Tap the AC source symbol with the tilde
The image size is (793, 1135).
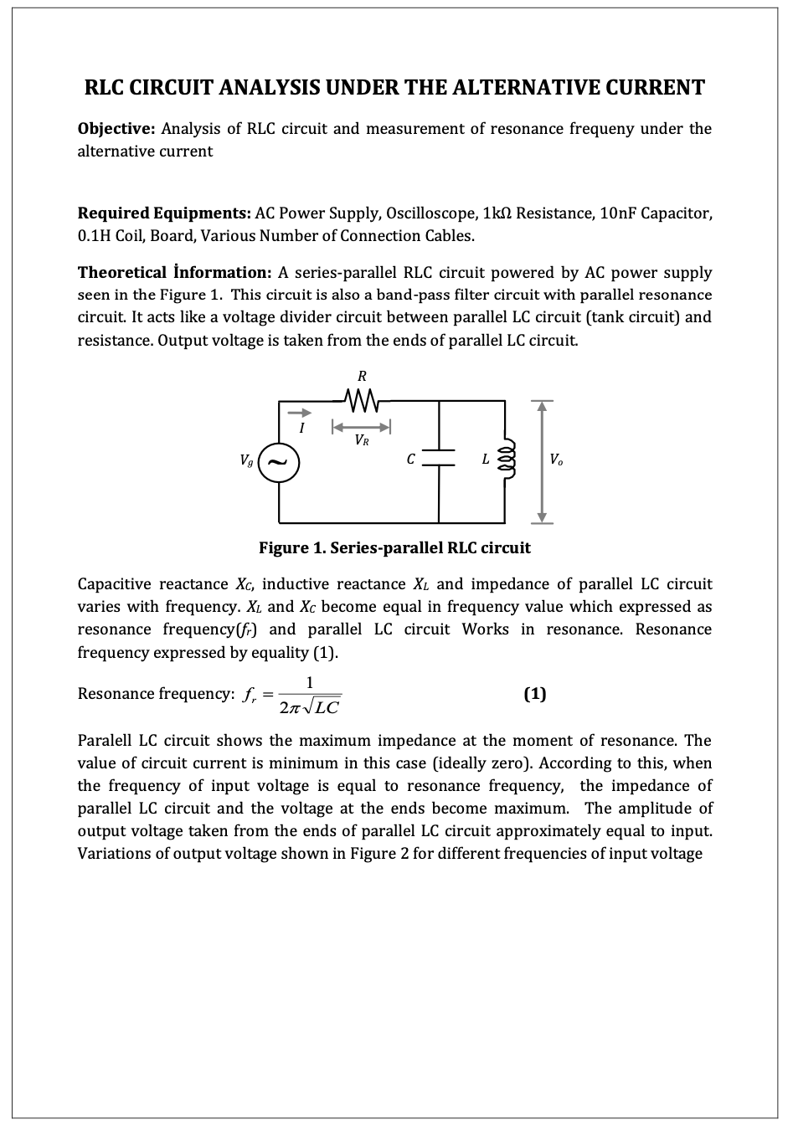pyautogui.click(x=280, y=460)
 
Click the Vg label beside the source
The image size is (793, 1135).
pyautogui.click(x=245, y=460)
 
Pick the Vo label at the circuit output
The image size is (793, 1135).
pyautogui.click(x=556, y=459)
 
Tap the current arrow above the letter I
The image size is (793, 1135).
pyautogui.click(x=301, y=413)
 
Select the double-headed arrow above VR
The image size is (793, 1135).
pyautogui.click(x=362, y=427)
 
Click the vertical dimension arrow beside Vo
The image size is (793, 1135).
pyautogui.click(x=543, y=460)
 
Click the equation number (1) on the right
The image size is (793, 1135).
pyautogui.click(x=534, y=693)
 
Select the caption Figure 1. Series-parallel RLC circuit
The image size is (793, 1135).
pyautogui.click(x=394, y=548)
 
